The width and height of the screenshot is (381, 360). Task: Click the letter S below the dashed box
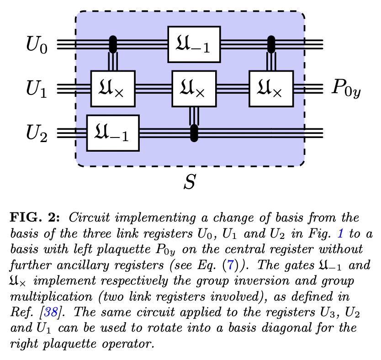coord(189,181)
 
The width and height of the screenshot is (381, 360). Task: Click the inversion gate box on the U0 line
coord(194,44)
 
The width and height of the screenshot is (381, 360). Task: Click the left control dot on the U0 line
coord(113,44)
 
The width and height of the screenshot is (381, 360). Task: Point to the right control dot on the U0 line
coord(271,44)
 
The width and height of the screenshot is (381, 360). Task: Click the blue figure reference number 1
coord(339,233)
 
